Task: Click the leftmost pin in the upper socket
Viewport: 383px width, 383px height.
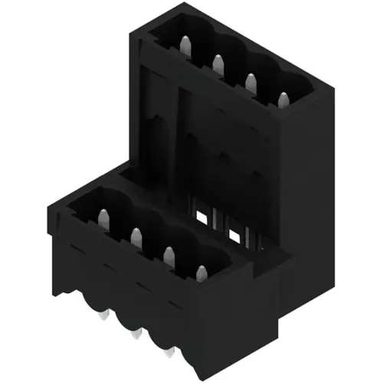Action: pyautogui.click(x=185, y=44)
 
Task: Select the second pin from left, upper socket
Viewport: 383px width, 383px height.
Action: pyautogui.click(x=218, y=62)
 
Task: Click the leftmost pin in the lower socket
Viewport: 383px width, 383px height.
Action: pyautogui.click(x=102, y=219)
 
